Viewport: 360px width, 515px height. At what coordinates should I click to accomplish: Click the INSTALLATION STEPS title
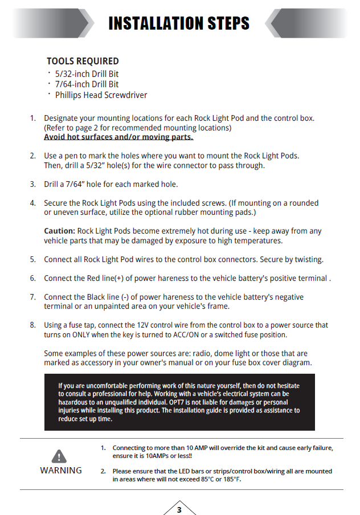(179, 23)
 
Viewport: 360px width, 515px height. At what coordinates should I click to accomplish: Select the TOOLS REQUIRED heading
(83, 61)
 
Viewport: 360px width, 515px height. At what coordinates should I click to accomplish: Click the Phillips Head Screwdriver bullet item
(101, 95)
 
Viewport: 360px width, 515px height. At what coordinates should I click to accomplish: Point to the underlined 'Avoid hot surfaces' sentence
(118, 137)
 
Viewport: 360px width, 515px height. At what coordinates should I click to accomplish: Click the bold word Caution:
(60, 231)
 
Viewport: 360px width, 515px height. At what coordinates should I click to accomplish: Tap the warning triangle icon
(60, 456)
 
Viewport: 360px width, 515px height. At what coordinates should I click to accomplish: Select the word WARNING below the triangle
(60, 471)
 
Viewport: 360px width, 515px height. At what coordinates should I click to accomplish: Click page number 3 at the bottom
(179, 509)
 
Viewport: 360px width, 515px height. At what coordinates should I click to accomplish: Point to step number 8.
(32, 325)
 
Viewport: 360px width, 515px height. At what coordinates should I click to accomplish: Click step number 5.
(32, 260)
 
